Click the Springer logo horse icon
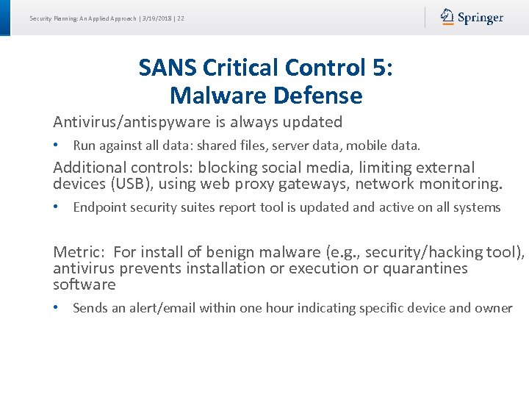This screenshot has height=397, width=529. [447, 17]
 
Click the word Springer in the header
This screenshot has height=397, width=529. [481, 18]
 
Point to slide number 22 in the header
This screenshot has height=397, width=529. [180, 18]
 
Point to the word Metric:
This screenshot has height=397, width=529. [79, 253]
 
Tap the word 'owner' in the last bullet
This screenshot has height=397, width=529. [493, 308]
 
